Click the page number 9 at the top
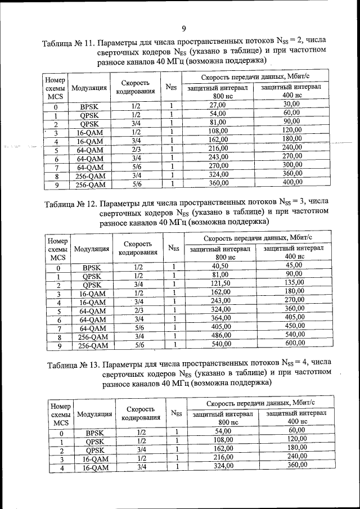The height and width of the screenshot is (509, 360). pos(183,29)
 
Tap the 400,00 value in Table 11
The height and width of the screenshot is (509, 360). pos(291,182)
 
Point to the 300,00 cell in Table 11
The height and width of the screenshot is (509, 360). pos(292,165)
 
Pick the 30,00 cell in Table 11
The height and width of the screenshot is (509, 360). pos(291,104)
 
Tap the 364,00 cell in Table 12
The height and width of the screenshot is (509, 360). pos(220,318)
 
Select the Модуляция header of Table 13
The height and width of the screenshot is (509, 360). pos(94,415)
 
